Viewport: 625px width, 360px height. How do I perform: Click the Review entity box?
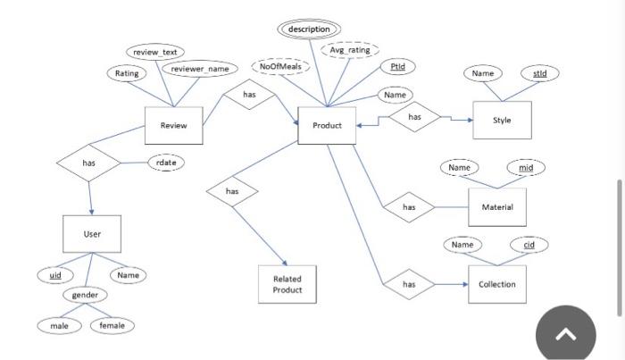(x=174, y=125)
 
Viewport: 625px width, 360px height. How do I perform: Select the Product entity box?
(x=327, y=125)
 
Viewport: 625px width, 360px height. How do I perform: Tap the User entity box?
(x=92, y=233)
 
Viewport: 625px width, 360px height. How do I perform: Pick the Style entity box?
(x=502, y=120)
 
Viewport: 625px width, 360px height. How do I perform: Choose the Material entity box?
(x=497, y=206)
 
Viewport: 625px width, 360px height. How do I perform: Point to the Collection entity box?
(x=497, y=284)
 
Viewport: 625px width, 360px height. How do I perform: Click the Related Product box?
(x=287, y=284)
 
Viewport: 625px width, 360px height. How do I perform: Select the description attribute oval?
(x=309, y=29)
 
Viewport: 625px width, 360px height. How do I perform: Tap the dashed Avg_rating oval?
(x=349, y=50)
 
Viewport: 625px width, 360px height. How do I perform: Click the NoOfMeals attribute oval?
(x=280, y=67)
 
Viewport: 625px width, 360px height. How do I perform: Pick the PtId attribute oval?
(x=397, y=66)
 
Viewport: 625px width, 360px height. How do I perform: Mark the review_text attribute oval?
(x=154, y=53)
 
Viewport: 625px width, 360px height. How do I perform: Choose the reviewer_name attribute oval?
(x=199, y=69)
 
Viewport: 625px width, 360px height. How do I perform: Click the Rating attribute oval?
(x=127, y=73)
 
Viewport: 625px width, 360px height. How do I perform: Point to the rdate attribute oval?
(x=166, y=163)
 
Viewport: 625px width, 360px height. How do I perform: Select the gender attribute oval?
(x=85, y=295)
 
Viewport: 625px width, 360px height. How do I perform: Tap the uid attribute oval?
(x=55, y=275)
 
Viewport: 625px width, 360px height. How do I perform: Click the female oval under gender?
(x=112, y=325)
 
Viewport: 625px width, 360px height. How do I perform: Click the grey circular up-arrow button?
(x=564, y=334)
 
